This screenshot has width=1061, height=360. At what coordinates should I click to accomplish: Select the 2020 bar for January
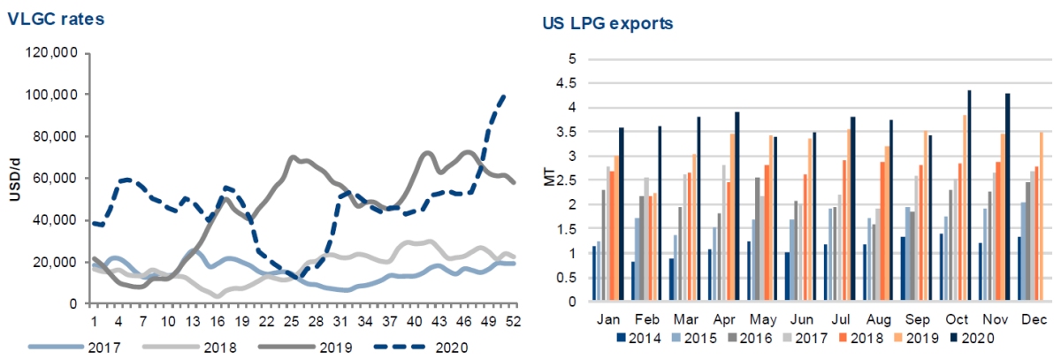[622, 214]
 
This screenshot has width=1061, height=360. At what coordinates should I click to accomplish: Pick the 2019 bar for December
[1041, 217]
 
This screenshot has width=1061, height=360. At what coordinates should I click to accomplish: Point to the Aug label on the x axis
[877, 318]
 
